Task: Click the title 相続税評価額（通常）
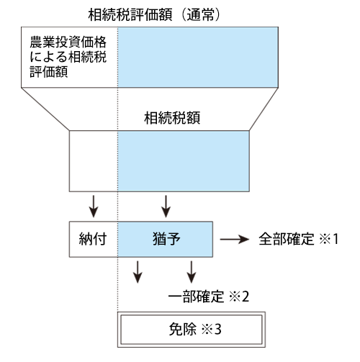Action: [154, 15]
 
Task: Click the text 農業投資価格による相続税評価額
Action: [68, 57]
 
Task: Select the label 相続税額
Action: [172, 118]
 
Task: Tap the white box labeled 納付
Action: [94, 239]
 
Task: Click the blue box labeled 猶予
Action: [165, 239]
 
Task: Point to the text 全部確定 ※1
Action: [299, 239]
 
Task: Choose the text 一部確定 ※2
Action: [209, 297]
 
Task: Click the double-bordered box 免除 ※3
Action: [192, 330]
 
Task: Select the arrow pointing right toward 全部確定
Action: [235, 239]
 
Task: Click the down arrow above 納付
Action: [94, 207]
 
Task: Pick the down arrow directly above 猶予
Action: [166, 207]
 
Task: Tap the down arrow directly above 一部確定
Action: [192, 272]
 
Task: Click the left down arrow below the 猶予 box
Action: [138, 272]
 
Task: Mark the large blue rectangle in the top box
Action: [198, 58]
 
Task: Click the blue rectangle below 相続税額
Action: [184, 161]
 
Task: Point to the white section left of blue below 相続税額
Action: [94, 161]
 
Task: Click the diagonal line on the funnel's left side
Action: [45, 109]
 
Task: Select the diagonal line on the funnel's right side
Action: [264, 109]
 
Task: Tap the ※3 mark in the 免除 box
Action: [211, 330]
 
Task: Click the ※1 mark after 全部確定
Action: [328, 239]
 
